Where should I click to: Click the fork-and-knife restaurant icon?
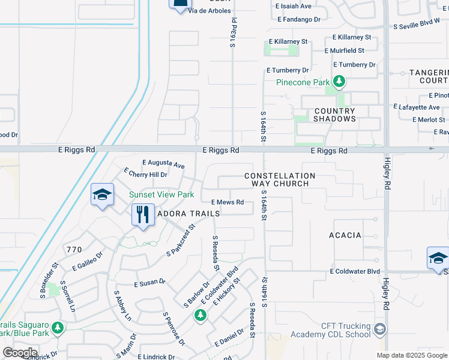(x=142, y=214)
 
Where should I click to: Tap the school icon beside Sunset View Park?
(x=102, y=195)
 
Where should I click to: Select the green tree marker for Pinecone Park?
(x=339, y=81)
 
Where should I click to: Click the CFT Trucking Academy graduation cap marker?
(x=379, y=329)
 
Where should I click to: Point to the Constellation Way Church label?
(x=280, y=179)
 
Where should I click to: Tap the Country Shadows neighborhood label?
(x=334, y=115)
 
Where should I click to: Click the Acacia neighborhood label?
(x=345, y=235)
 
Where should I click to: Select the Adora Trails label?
(x=185, y=214)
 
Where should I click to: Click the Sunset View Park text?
(x=161, y=194)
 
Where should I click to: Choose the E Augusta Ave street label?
(x=163, y=163)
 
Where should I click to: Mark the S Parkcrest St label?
(x=181, y=241)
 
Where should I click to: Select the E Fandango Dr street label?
(x=299, y=19)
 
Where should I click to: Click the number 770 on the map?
(x=74, y=249)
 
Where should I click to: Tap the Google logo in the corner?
(x=20, y=352)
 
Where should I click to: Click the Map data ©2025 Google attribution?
(x=411, y=355)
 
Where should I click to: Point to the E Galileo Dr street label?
(x=88, y=261)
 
